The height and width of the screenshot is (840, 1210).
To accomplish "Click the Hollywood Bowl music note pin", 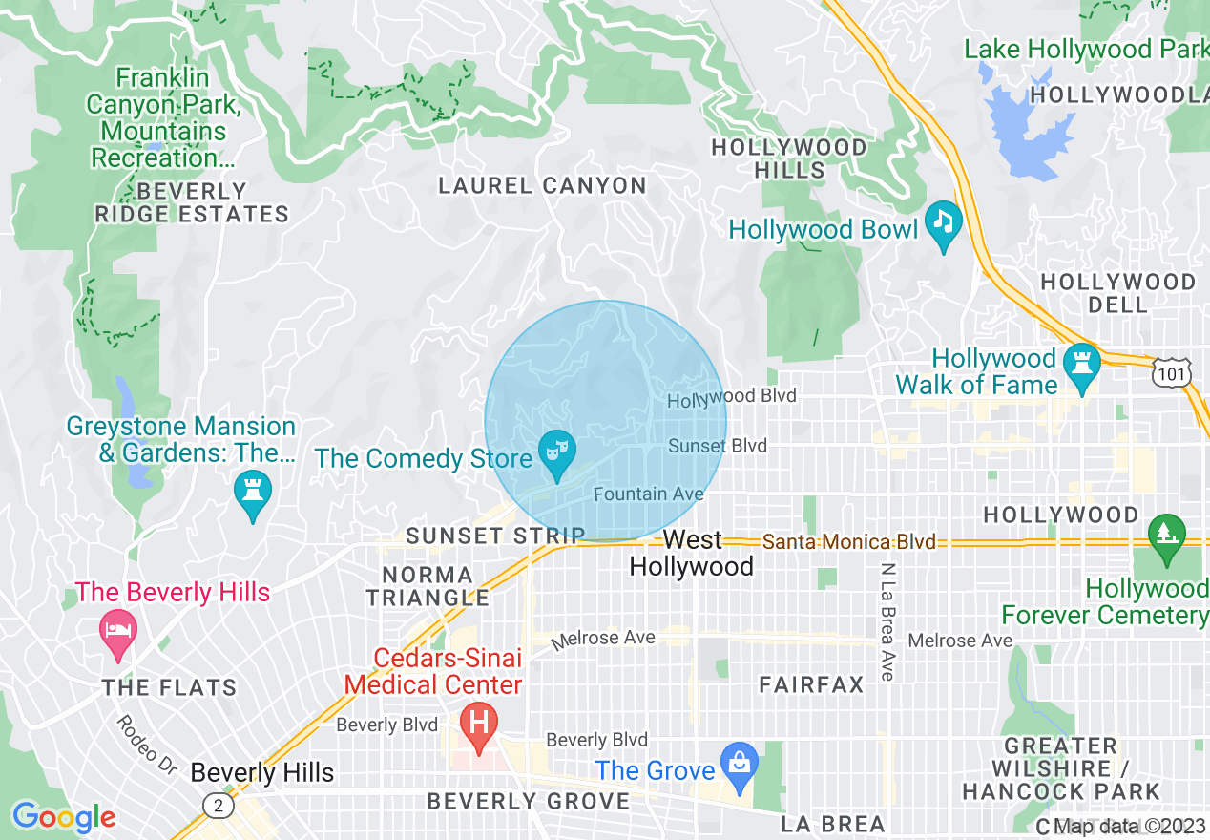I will [x=944, y=223].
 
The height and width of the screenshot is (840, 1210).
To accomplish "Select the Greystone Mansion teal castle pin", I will [x=253, y=492].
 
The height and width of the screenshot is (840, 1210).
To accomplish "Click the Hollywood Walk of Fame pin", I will [x=1081, y=365].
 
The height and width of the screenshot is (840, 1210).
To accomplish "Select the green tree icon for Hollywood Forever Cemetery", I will [x=1165, y=534].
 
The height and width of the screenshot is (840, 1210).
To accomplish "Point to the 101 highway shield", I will [x=1171, y=374].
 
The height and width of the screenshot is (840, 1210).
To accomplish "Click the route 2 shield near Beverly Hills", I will [x=219, y=807].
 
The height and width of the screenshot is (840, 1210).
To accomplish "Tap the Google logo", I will [x=64, y=817].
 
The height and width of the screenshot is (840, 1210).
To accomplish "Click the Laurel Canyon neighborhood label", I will [x=542, y=186].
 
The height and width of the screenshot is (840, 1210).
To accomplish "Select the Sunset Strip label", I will [x=495, y=536].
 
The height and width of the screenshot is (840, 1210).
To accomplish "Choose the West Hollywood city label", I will [x=692, y=554].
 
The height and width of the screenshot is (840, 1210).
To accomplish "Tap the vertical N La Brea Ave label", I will [x=887, y=621].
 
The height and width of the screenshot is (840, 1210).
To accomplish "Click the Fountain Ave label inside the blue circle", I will [x=648, y=493].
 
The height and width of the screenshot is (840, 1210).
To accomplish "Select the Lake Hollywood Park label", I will [x=1085, y=49].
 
